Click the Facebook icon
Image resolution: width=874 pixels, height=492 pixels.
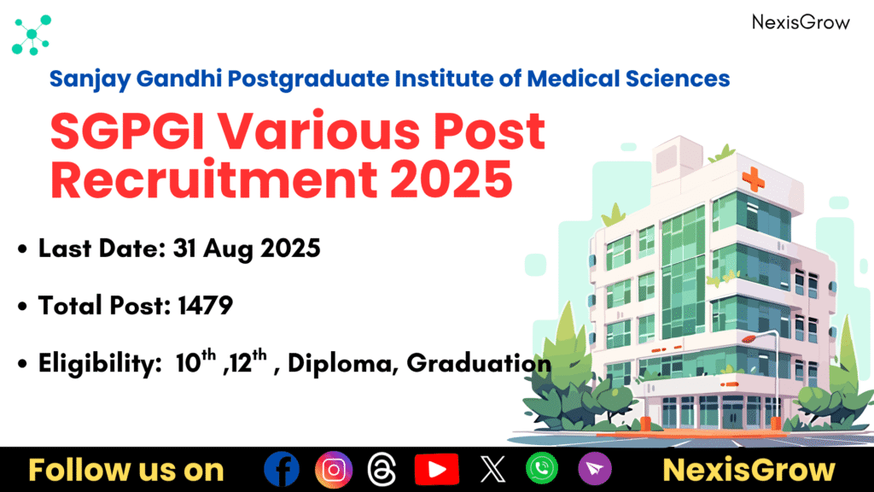pyautogui.click(x=282, y=469)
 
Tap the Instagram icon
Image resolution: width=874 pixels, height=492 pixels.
pyautogui.click(x=334, y=470)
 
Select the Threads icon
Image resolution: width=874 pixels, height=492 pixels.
pyautogui.click(x=382, y=469)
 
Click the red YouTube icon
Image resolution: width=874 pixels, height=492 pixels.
pyautogui.click(x=436, y=469)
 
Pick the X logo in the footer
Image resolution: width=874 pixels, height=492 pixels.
pyautogui.click(x=493, y=469)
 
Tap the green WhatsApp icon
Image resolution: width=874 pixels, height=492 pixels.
pyautogui.click(x=542, y=468)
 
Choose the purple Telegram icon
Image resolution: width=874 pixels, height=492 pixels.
pyautogui.click(x=595, y=469)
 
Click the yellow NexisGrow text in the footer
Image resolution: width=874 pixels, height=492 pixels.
pyautogui.click(x=749, y=470)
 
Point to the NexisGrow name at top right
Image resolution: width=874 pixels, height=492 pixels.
pyautogui.click(x=801, y=22)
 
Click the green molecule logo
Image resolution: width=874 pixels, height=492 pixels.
pyautogui.click(x=32, y=35)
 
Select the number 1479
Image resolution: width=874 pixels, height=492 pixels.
pyautogui.click(x=205, y=306)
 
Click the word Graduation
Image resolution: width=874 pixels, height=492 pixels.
pyautogui.click(x=479, y=363)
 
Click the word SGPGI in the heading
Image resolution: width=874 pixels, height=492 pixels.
pyautogui.click(x=128, y=132)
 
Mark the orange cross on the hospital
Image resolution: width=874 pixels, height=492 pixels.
pyautogui.click(x=753, y=179)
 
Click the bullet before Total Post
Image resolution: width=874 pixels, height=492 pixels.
pyautogui.click(x=22, y=307)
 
